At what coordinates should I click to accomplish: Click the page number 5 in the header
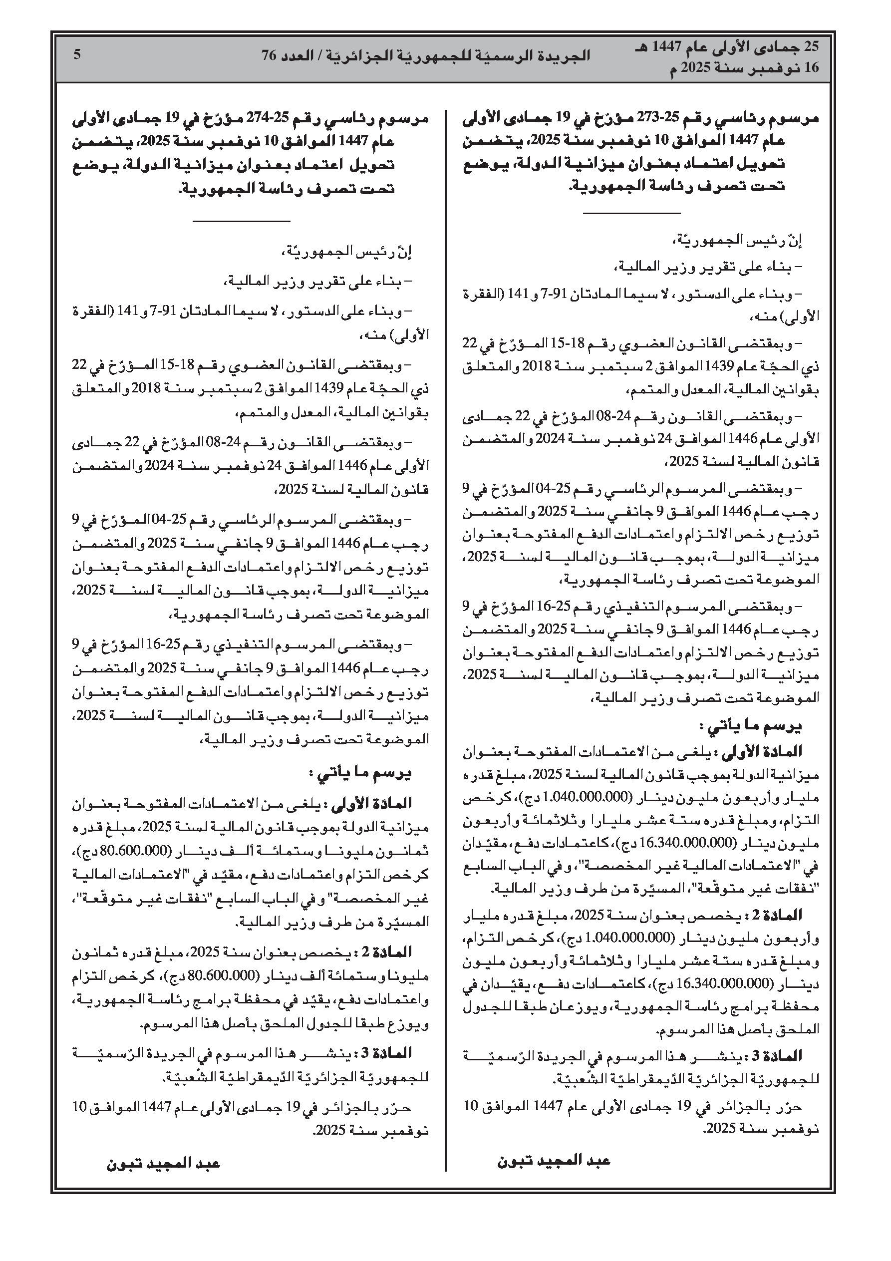77,54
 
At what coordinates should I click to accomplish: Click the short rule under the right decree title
631,212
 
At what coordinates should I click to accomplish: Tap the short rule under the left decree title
241,221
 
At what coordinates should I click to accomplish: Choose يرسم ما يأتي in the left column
362,773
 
